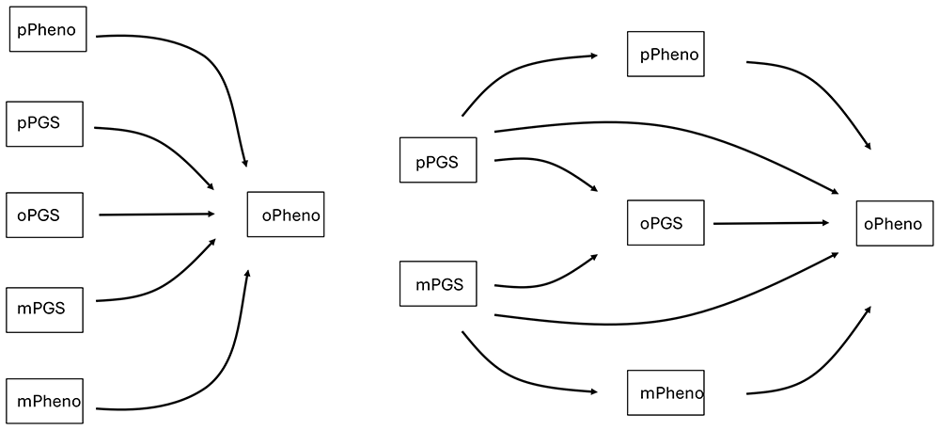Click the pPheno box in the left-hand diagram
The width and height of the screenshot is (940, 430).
point(48,29)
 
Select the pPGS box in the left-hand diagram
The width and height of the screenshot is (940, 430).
point(45,124)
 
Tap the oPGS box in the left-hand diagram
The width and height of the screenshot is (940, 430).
point(45,215)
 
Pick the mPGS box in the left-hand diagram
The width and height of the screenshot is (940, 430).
point(45,311)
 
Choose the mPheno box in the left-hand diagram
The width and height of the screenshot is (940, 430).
point(45,401)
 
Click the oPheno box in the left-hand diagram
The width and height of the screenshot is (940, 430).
point(286,215)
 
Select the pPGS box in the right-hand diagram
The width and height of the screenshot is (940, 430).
point(438,160)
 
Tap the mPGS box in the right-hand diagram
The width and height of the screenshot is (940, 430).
point(438,283)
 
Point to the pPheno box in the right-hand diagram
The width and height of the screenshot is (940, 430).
point(666,54)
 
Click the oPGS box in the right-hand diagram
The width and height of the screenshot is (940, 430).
point(666,222)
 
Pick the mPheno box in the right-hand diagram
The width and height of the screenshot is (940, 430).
point(666,392)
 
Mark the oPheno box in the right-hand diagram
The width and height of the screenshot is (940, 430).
point(895,223)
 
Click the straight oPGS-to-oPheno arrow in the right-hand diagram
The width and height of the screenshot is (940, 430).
point(772,223)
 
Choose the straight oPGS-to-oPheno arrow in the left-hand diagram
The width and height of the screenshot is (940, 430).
point(157,215)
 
